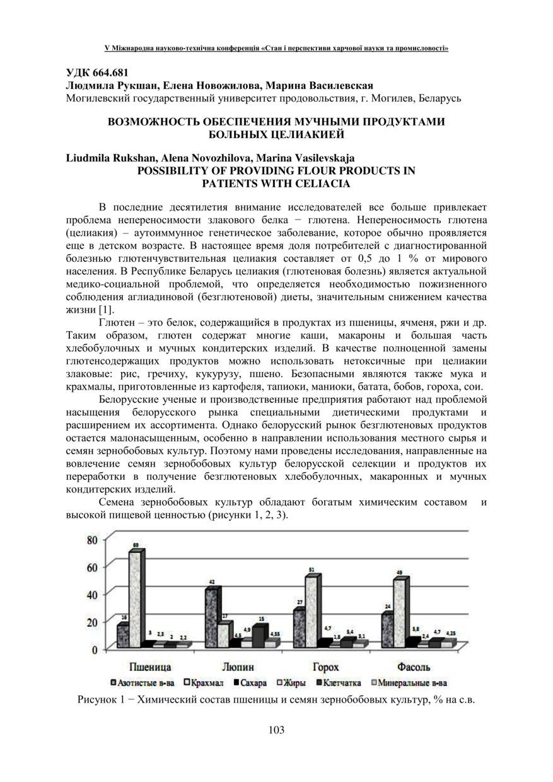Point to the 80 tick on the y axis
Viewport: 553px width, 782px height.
(92, 540)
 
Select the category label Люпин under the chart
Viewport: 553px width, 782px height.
(239, 667)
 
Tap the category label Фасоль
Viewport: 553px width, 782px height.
(413, 667)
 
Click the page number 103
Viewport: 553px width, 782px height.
(276, 730)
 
